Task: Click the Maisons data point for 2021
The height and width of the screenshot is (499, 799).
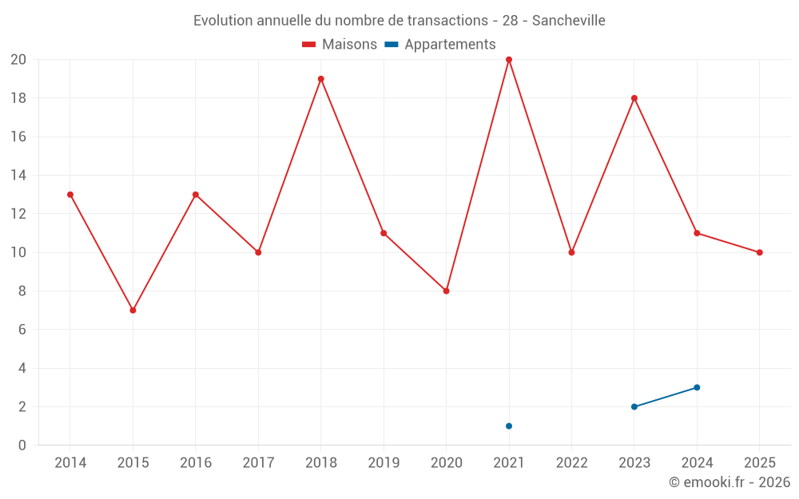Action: point(508,60)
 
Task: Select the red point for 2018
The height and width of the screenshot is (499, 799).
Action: point(320,79)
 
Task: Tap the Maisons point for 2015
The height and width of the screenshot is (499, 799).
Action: point(133,310)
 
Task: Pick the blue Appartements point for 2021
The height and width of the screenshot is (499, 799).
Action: point(508,426)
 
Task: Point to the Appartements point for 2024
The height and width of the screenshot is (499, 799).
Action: point(697,387)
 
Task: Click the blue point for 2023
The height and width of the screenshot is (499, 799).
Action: point(634,406)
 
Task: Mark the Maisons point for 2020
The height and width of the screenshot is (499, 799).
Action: point(446,291)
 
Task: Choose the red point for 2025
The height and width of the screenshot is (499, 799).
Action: point(759,252)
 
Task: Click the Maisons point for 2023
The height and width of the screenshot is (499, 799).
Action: point(634,98)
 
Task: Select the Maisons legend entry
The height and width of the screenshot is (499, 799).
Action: point(340,44)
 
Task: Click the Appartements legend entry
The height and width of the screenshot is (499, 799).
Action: point(439,44)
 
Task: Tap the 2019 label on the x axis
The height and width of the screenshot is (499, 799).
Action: point(384,462)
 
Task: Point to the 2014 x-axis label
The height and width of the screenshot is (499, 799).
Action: point(70,462)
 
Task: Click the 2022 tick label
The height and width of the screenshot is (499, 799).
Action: point(571,462)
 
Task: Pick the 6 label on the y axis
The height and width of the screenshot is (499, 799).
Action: point(22,330)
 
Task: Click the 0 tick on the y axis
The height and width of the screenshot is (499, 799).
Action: point(22,445)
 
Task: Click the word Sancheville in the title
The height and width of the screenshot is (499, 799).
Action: point(569,21)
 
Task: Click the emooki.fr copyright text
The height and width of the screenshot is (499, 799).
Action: point(729,481)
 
